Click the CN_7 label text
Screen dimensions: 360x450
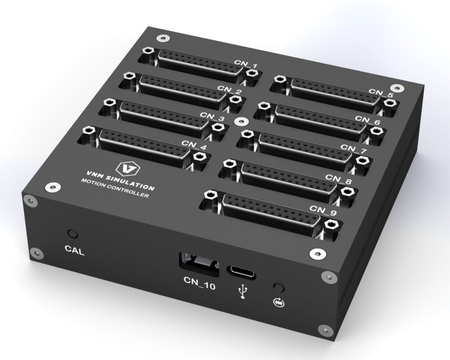tap(354, 148)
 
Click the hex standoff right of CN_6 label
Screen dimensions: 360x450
tap(375, 131)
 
